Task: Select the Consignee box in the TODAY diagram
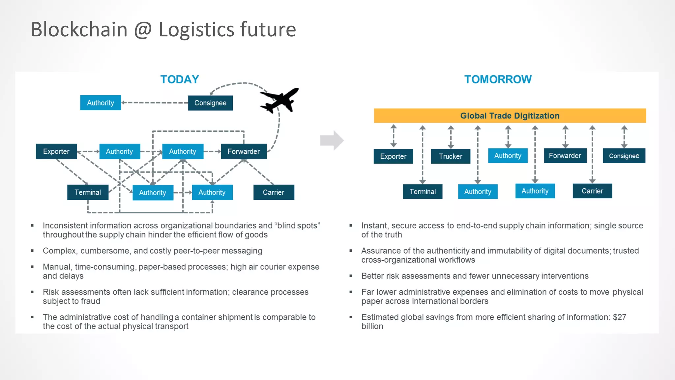(210, 103)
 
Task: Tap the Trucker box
(450, 156)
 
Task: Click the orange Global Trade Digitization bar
(510, 116)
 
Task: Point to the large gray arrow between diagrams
(332, 141)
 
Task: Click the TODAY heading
(180, 79)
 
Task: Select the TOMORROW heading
(498, 79)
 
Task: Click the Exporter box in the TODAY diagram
(56, 151)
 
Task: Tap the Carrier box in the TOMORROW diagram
(592, 191)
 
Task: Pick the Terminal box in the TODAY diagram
(88, 192)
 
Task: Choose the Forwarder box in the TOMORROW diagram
(565, 156)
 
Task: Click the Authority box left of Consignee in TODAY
(101, 103)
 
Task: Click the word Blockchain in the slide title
(79, 30)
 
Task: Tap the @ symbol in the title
(143, 30)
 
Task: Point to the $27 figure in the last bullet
(619, 317)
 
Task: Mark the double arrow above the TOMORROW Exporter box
(394, 136)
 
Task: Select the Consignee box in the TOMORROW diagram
(624, 156)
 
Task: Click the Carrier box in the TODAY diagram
(274, 192)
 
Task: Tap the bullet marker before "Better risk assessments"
(351, 276)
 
